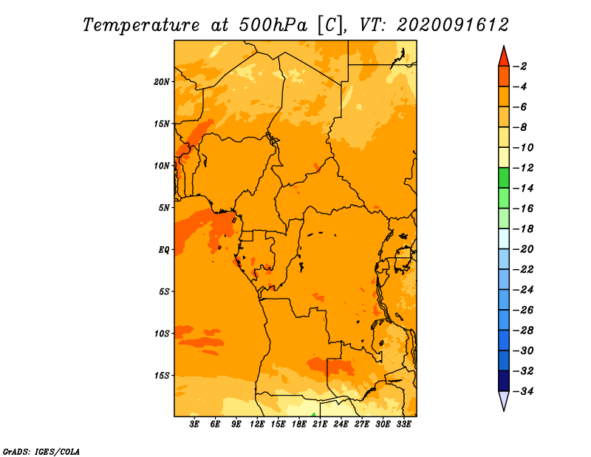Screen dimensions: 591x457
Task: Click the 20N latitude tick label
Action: tap(161, 82)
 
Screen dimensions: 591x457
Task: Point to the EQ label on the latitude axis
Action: tap(163, 250)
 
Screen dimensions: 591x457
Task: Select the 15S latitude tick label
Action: tap(161, 376)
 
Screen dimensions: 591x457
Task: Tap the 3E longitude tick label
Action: tap(194, 424)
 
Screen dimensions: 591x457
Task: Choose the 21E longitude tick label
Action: tap(320, 424)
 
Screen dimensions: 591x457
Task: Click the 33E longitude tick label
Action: tap(403, 424)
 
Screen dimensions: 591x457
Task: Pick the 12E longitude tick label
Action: tap(257, 424)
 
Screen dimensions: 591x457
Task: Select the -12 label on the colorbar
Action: tap(523, 168)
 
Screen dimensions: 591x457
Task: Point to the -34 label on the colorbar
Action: tap(523, 391)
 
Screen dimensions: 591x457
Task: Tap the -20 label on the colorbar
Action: tap(523, 249)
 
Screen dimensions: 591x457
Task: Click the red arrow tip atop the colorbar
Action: tap(504, 46)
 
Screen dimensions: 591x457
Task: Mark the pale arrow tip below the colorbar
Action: tap(504, 410)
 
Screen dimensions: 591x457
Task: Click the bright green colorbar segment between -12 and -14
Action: tap(504, 178)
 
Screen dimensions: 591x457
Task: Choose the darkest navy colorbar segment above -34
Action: tap(504, 381)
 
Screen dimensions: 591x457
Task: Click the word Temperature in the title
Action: tap(141, 25)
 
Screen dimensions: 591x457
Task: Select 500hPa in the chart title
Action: tap(273, 25)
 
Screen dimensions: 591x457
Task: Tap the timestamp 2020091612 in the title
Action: tap(453, 25)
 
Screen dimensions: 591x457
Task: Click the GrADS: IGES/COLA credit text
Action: tap(41, 451)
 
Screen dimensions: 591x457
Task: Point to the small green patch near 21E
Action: tap(313, 415)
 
